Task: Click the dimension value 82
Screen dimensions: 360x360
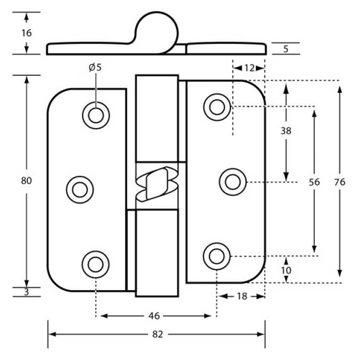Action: point(157,334)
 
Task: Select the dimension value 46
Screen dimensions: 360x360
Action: point(154,316)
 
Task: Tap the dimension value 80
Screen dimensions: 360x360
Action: point(27,181)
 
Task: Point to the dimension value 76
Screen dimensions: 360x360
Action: point(339,182)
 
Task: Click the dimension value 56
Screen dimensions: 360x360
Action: point(314,182)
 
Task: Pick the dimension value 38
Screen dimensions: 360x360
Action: point(286,130)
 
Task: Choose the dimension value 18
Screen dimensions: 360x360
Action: point(241,296)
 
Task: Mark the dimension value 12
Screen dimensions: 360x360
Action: point(249,68)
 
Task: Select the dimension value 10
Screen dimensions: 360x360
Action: point(286,270)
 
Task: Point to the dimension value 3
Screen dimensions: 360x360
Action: point(27,292)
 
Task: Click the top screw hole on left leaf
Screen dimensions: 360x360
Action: point(96,115)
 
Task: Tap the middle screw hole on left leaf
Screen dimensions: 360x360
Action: point(80,189)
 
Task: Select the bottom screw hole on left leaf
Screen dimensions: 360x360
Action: point(96,263)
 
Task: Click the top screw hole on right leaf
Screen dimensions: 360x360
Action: point(216,107)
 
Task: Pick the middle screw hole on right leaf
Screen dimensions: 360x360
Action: point(232,182)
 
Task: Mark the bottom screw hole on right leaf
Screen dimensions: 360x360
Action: point(216,256)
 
